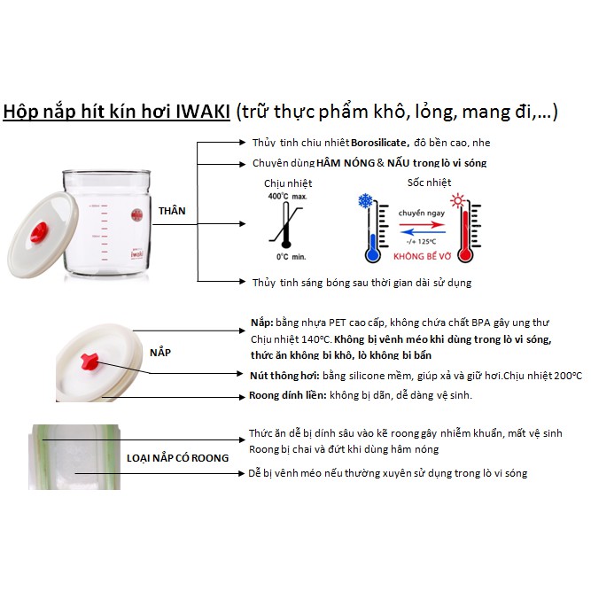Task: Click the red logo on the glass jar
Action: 136,215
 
